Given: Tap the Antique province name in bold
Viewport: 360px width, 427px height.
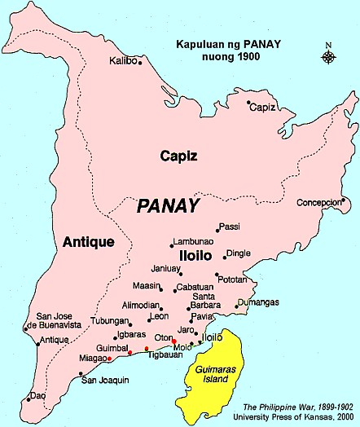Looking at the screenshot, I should point(88,241).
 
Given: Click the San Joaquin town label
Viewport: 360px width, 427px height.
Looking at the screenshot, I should point(105,381).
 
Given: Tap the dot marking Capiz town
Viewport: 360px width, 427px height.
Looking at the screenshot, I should point(248,102).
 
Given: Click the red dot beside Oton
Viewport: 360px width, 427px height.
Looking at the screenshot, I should point(174,341).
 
